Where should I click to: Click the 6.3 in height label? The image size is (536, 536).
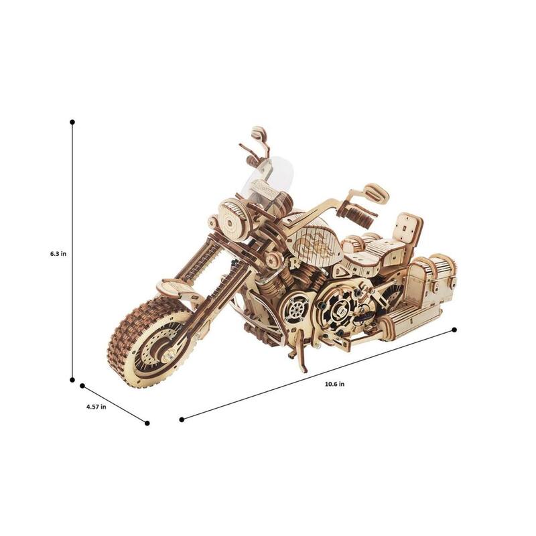tap(58, 254)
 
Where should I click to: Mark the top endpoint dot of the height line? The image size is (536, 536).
tap(72, 122)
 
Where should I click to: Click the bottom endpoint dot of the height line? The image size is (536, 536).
tap(72, 379)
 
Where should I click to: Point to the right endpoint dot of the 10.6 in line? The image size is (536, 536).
tap(454, 330)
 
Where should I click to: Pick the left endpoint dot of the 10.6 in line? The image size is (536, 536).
tap(182, 420)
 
